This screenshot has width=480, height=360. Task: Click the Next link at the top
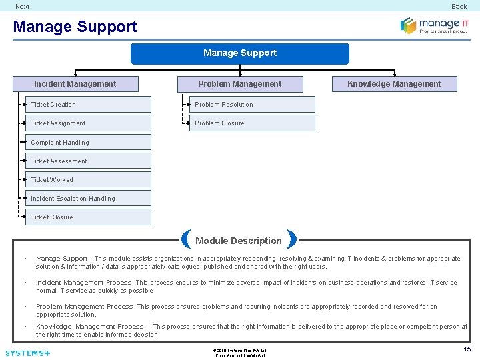[23, 6]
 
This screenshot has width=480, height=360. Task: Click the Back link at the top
[459, 6]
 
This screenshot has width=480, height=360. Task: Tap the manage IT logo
[434, 25]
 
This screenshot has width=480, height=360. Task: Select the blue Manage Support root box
[239, 53]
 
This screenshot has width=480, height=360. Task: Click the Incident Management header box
[75, 84]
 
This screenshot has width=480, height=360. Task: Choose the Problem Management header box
[239, 84]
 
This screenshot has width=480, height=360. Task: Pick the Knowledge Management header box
[394, 84]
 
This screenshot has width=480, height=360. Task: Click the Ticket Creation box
[89, 105]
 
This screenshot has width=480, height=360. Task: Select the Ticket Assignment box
[89, 123]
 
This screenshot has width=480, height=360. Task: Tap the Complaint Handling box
[89, 142]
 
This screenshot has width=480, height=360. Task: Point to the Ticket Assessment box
[89, 161]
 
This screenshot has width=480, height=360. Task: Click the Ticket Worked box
[89, 179]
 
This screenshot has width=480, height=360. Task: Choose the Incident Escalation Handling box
[89, 198]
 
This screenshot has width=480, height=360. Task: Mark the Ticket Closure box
[89, 217]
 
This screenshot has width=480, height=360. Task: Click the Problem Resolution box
[252, 105]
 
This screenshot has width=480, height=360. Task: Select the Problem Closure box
[252, 123]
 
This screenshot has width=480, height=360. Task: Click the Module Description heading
[239, 241]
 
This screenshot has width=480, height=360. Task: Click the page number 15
[467, 349]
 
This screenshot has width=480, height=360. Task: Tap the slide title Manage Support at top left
[75, 27]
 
